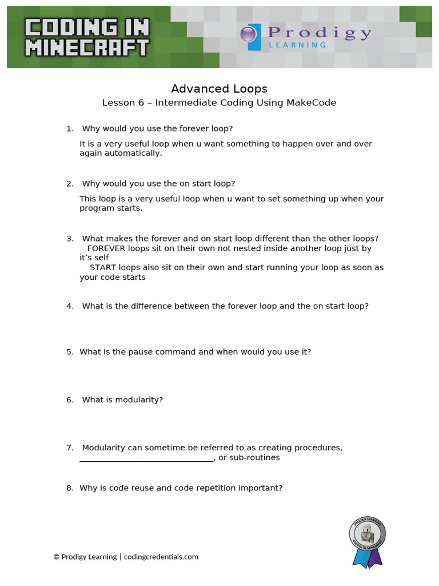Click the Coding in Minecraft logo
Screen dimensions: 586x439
coord(87,37)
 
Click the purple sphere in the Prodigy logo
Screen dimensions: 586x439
coord(248,34)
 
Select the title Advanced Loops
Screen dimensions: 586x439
coord(219,89)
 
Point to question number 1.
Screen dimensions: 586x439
coord(70,129)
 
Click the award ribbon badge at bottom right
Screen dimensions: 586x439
coord(367,541)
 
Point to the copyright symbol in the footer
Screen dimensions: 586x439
coord(57,557)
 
